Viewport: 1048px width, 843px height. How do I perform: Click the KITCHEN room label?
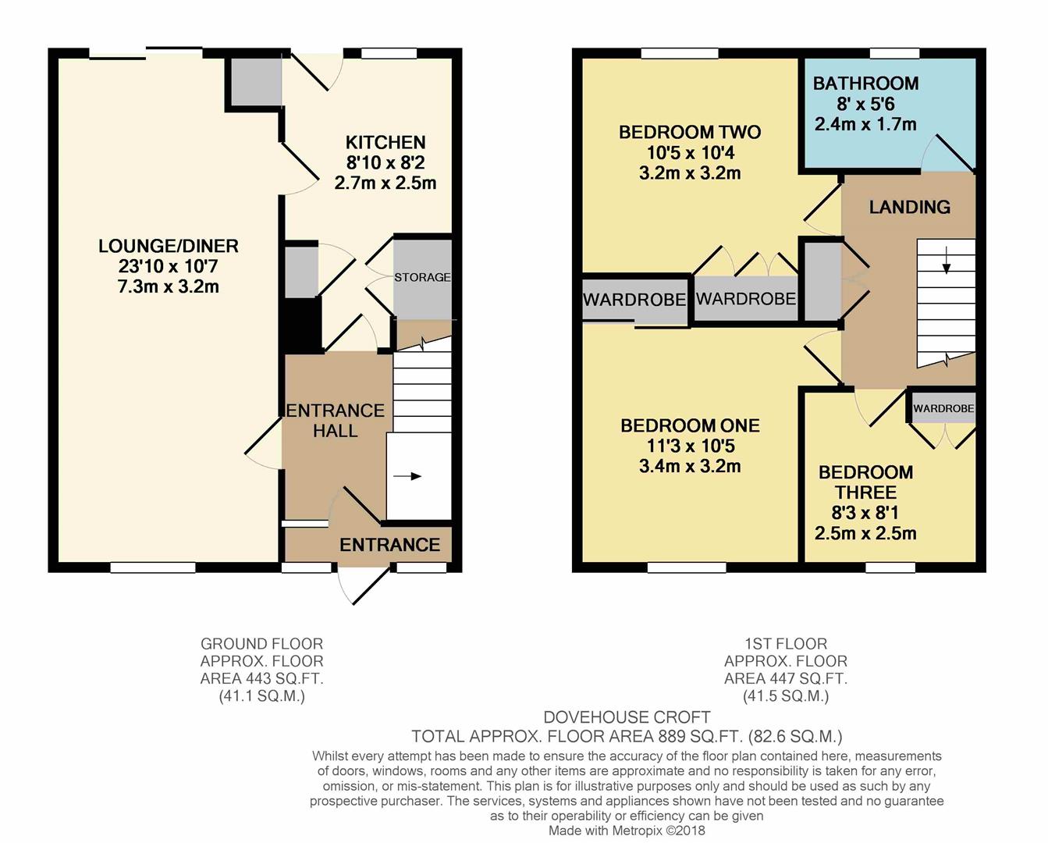385,142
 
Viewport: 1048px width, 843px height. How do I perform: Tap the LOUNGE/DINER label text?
169,246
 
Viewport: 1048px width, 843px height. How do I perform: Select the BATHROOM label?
866,84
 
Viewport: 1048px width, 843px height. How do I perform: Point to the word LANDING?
910,207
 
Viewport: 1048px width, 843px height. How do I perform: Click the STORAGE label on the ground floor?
422,277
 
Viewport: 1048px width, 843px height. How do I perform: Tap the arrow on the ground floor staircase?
407,476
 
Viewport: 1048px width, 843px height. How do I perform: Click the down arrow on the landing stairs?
947,260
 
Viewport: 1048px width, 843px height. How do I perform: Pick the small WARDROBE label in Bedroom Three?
943,408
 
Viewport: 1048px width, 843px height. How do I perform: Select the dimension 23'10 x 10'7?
168,266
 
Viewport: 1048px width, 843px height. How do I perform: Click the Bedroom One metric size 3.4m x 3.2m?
690,466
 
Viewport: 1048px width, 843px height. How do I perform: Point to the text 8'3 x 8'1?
865,513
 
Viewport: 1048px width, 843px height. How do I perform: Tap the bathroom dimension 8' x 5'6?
866,104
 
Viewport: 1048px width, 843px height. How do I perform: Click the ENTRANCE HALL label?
335,421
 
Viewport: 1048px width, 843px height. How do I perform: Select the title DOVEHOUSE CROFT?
627,717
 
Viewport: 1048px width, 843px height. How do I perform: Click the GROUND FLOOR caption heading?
262,644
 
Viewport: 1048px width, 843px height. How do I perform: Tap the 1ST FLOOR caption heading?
786,644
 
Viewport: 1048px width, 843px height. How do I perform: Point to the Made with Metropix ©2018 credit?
627,831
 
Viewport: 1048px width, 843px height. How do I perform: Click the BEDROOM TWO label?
690,132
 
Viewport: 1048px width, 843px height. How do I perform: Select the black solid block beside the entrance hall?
303,324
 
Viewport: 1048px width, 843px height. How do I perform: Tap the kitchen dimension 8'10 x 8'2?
385,162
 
